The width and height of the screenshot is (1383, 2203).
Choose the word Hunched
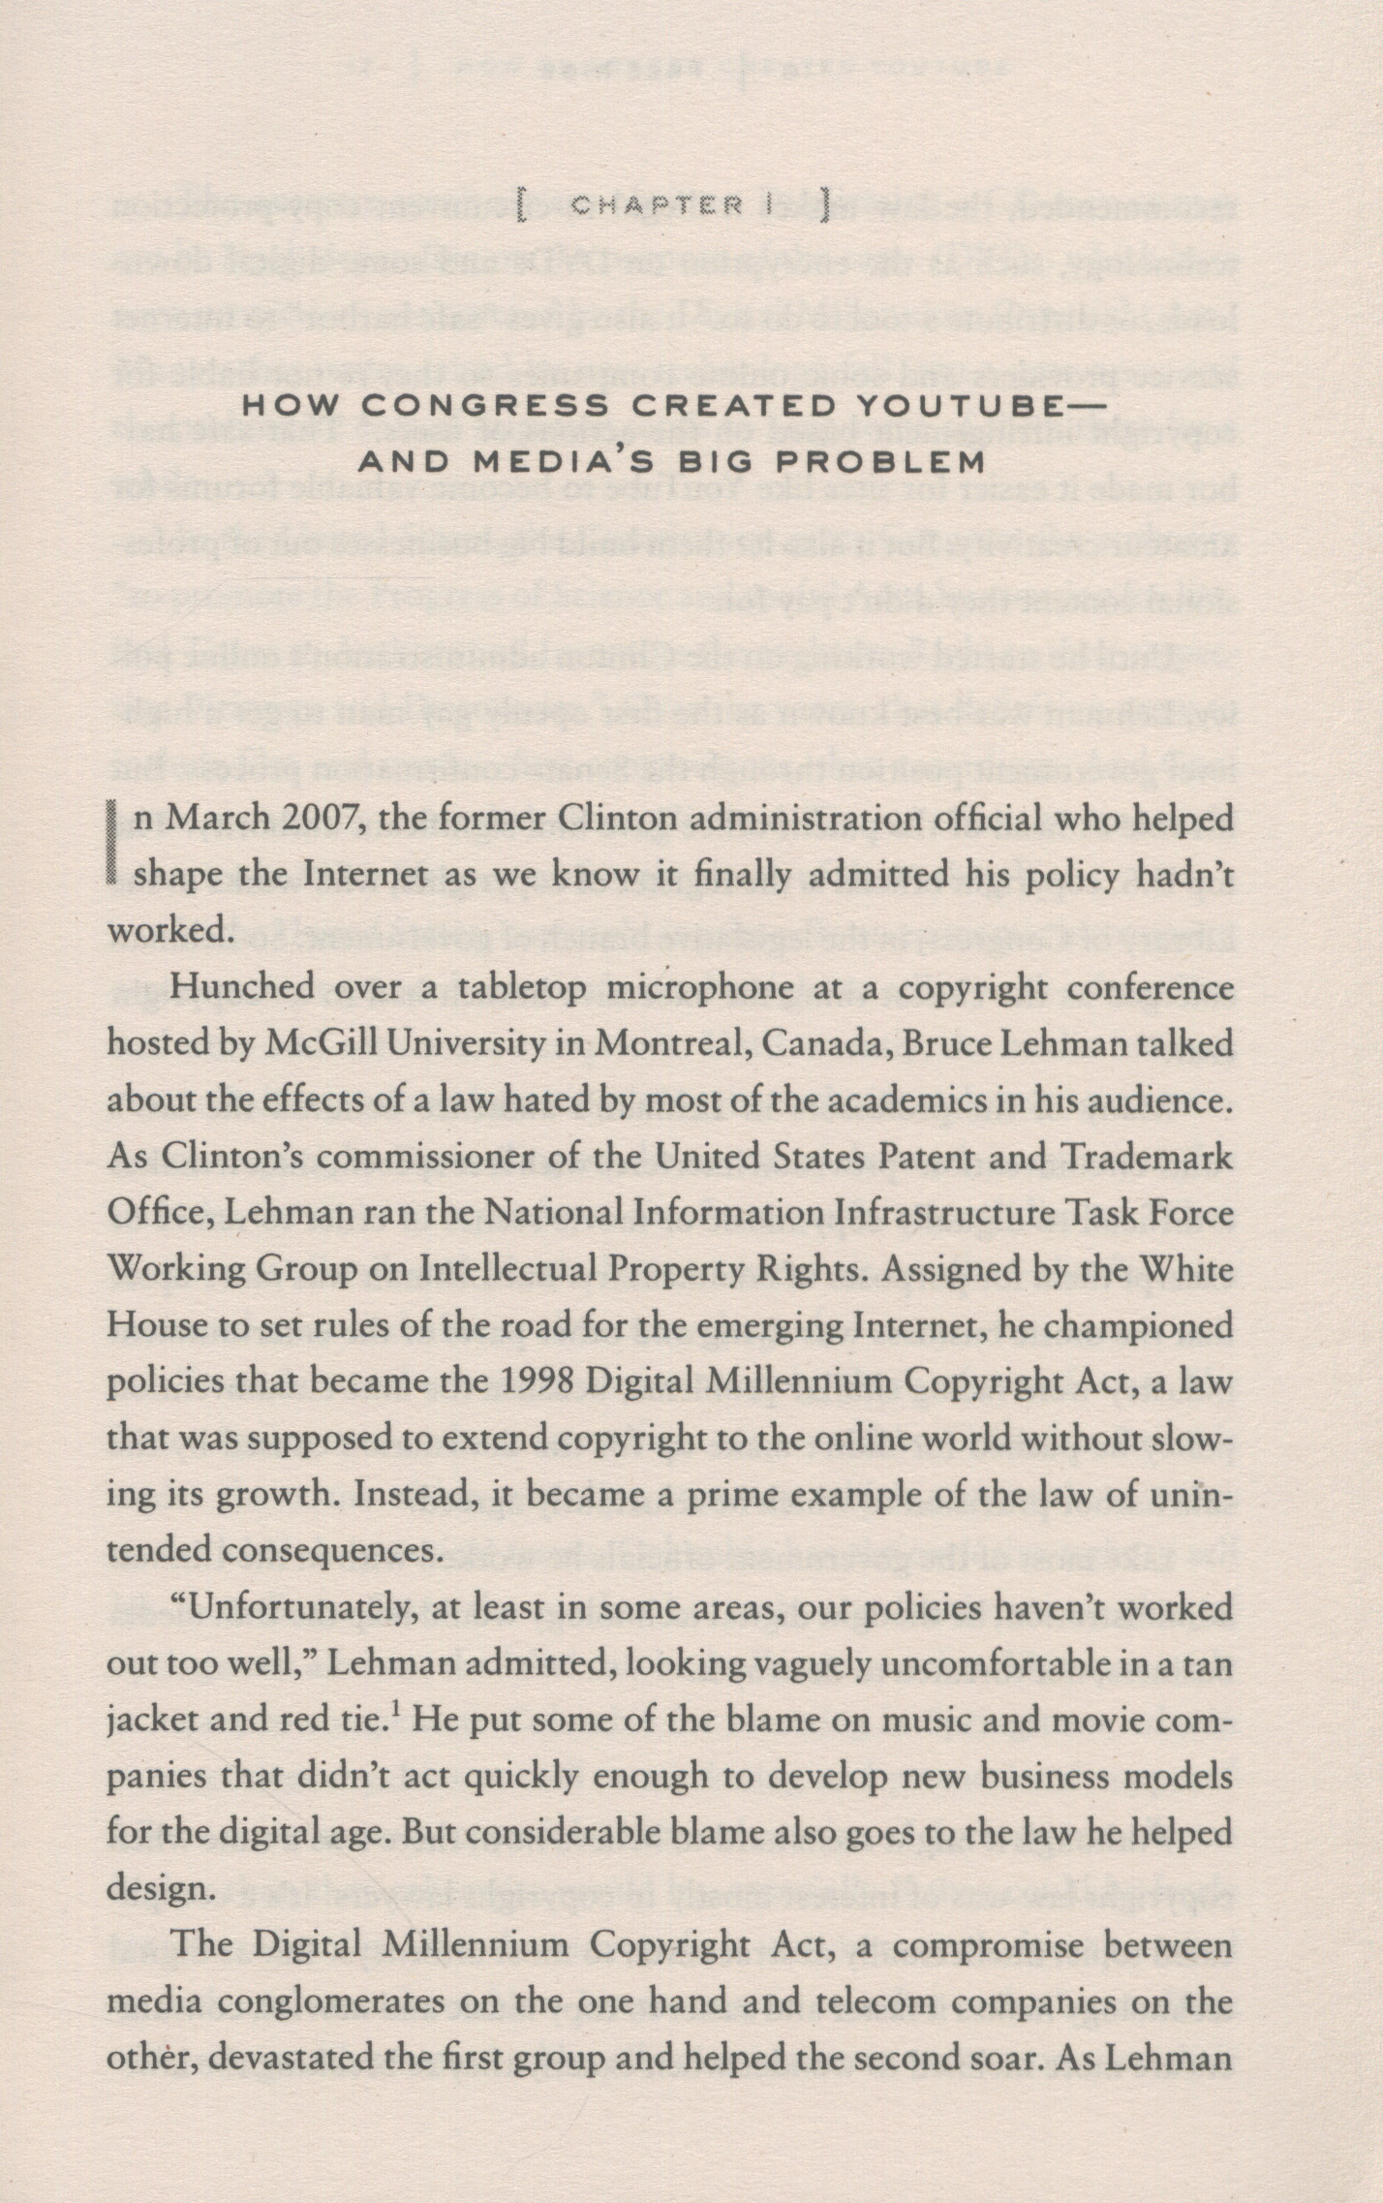[229, 989]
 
